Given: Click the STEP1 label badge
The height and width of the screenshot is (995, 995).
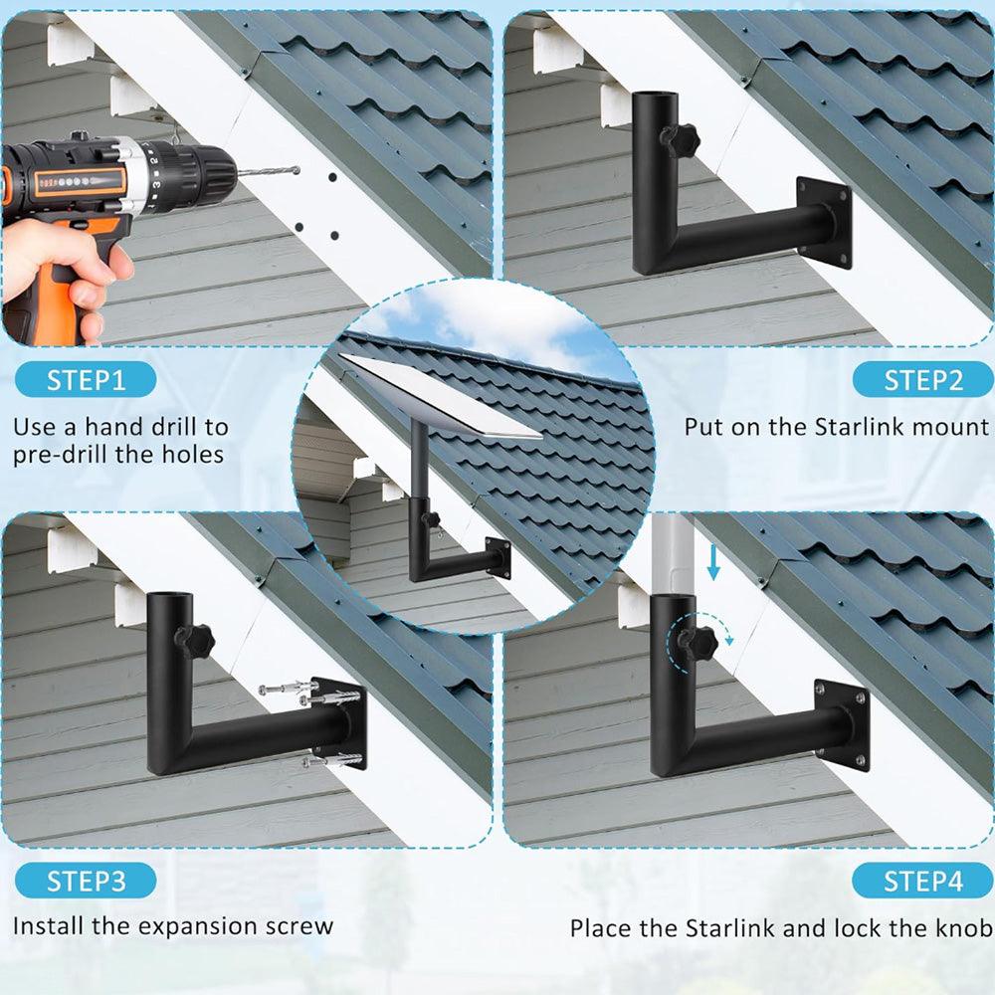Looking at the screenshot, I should click(87, 379).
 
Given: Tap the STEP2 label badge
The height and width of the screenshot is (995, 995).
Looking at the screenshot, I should click(922, 379).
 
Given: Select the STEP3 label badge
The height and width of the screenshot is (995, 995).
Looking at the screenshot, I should click(87, 881).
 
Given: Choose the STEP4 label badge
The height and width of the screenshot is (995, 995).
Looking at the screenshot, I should click(922, 881).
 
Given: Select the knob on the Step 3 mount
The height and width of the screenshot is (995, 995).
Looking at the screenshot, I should click(195, 640).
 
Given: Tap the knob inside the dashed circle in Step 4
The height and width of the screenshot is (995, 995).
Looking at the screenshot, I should click(698, 642).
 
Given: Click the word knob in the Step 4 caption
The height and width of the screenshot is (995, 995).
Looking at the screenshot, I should click(962, 928).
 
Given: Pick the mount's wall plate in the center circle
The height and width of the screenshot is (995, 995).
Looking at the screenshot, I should click(497, 558).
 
